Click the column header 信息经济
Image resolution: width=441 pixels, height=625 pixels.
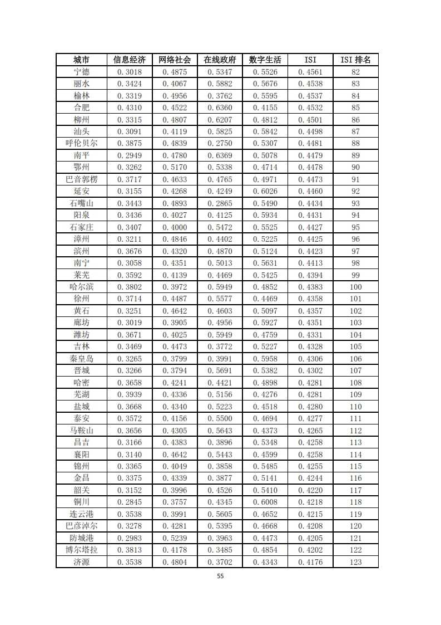(130, 60)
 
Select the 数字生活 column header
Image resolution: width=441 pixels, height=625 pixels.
(265, 60)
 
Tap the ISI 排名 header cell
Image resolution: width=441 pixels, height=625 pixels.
(355, 60)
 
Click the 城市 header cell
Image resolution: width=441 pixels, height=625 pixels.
(81, 60)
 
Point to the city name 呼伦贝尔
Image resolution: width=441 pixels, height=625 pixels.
(81, 143)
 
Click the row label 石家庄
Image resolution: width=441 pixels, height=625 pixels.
(81, 227)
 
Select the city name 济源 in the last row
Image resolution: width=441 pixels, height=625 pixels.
(81, 562)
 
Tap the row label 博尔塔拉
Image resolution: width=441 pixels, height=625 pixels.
(81, 550)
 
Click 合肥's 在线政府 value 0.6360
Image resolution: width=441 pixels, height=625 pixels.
(220, 108)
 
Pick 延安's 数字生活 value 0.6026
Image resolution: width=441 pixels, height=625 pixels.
(265, 191)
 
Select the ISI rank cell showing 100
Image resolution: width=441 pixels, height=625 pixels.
(355, 287)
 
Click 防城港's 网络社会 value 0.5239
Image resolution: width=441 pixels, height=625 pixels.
(175, 538)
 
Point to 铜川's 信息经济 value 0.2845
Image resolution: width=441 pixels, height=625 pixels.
(130, 502)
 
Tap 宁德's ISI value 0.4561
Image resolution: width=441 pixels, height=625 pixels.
(310, 72)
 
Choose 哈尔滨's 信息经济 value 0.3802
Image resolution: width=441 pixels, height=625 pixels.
(130, 287)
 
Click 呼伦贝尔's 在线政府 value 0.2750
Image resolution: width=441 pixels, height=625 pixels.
(220, 143)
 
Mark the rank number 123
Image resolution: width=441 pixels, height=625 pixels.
(355, 562)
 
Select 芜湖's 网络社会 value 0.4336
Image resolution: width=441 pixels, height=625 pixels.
(175, 394)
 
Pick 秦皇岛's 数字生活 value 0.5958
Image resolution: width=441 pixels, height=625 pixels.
(265, 359)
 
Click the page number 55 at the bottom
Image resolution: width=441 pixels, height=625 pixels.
(220, 577)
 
